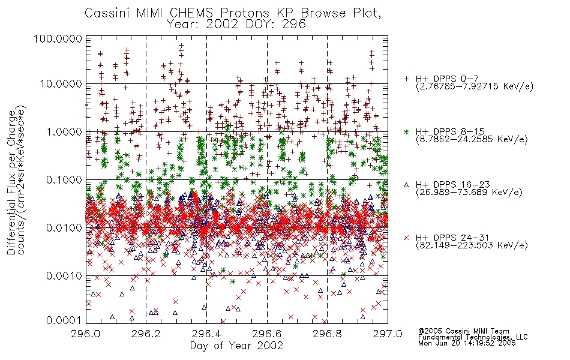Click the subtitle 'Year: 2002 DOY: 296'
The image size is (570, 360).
coord(236,25)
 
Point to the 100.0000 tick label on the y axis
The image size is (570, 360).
coord(58,38)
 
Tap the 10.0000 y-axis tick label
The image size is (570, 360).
coord(61,84)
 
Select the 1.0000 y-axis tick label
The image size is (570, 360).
coord(64,131)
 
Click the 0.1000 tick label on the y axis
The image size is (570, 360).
coord(64,179)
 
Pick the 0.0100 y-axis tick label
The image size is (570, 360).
coord(64,228)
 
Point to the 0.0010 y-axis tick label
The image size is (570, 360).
coord(64,276)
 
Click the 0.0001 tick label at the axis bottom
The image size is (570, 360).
coord(64,320)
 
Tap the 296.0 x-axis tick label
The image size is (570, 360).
coord(85,334)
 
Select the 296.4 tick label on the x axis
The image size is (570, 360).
coord(206,334)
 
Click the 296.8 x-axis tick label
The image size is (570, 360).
coord(327,334)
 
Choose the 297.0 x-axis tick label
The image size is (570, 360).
coord(388,334)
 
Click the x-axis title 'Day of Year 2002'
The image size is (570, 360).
coord(236,346)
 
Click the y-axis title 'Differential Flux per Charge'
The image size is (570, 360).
coord(12,182)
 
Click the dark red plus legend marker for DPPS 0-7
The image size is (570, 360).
coord(406,79)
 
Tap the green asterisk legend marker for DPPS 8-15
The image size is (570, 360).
coord(406,131)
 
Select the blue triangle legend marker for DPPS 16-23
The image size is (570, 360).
coord(406,185)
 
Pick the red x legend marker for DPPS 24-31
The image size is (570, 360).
coord(406,238)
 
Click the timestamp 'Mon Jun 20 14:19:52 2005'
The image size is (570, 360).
coord(467,343)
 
